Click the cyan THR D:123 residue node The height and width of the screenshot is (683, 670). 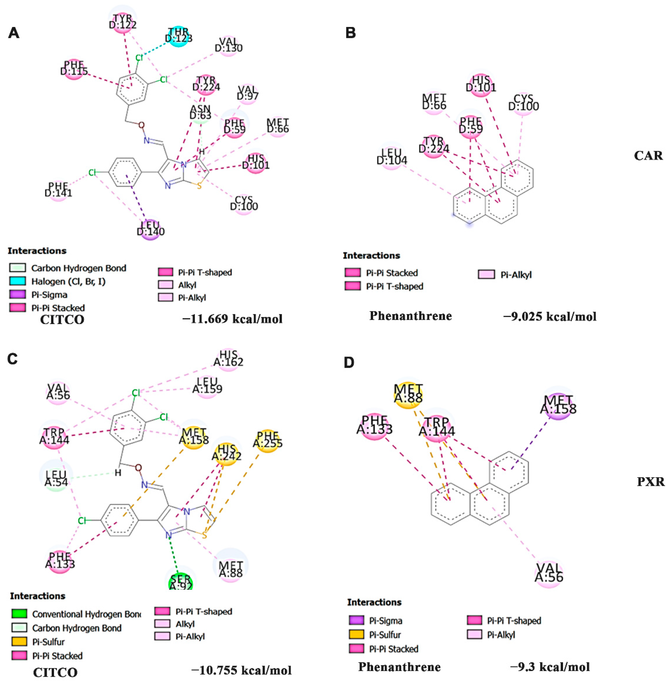tap(179, 36)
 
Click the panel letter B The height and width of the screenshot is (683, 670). tap(351, 33)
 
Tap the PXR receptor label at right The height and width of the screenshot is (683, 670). tap(651, 481)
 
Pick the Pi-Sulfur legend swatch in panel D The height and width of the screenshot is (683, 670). tap(357, 634)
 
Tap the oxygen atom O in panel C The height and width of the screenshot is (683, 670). tap(139, 468)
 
